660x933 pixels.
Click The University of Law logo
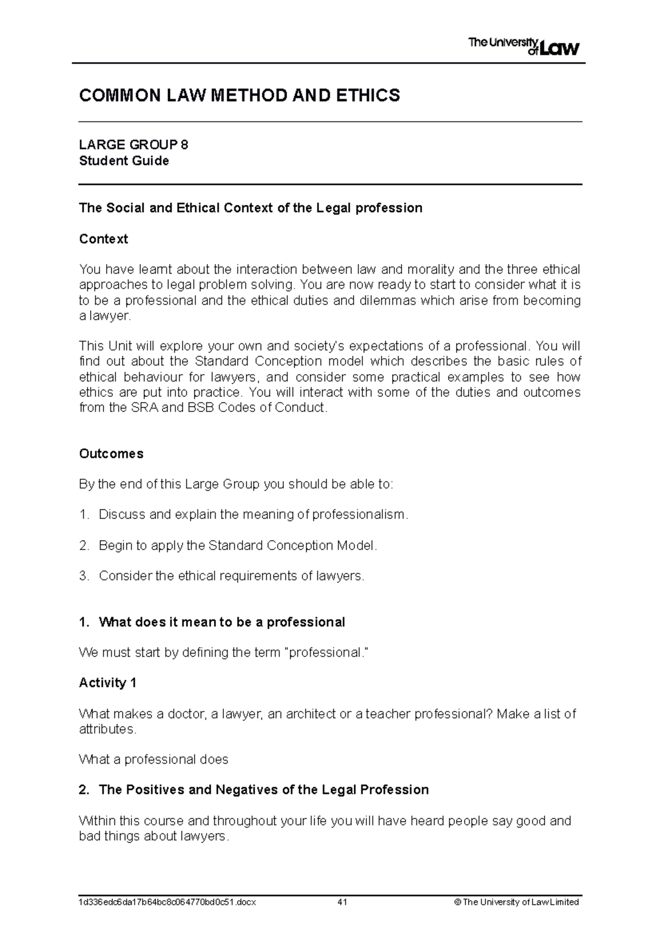(523, 46)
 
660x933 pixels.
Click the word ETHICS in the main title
(368, 96)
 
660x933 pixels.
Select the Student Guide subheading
(124, 161)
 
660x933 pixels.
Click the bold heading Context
(103, 239)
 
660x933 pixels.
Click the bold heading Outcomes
(111, 453)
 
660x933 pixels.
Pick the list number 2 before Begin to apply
(83, 546)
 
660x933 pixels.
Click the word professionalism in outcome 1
(359, 515)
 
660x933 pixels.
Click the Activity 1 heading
(107, 683)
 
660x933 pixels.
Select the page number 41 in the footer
(343, 902)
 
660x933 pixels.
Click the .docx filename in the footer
(168, 902)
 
